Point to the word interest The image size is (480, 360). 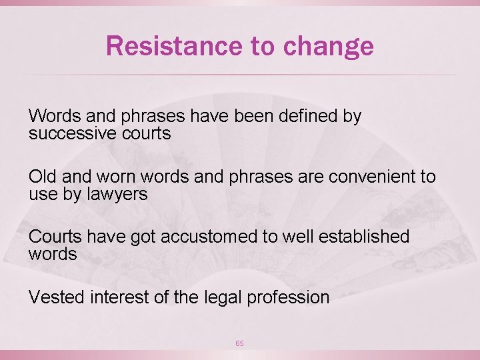coord(117,297)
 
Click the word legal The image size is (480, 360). coord(221,297)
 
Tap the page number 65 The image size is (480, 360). coord(239,343)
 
